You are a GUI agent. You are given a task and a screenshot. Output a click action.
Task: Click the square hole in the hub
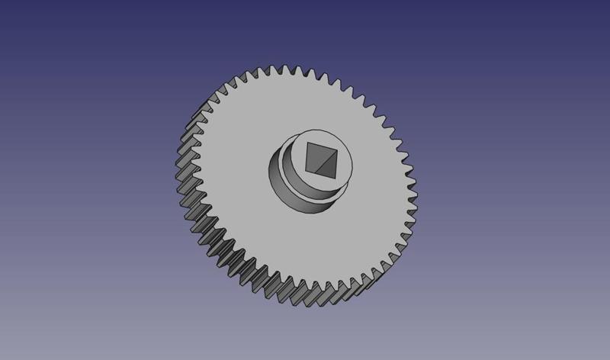tap(321, 159)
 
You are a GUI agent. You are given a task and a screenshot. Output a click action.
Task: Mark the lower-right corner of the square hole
tap(338, 174)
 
